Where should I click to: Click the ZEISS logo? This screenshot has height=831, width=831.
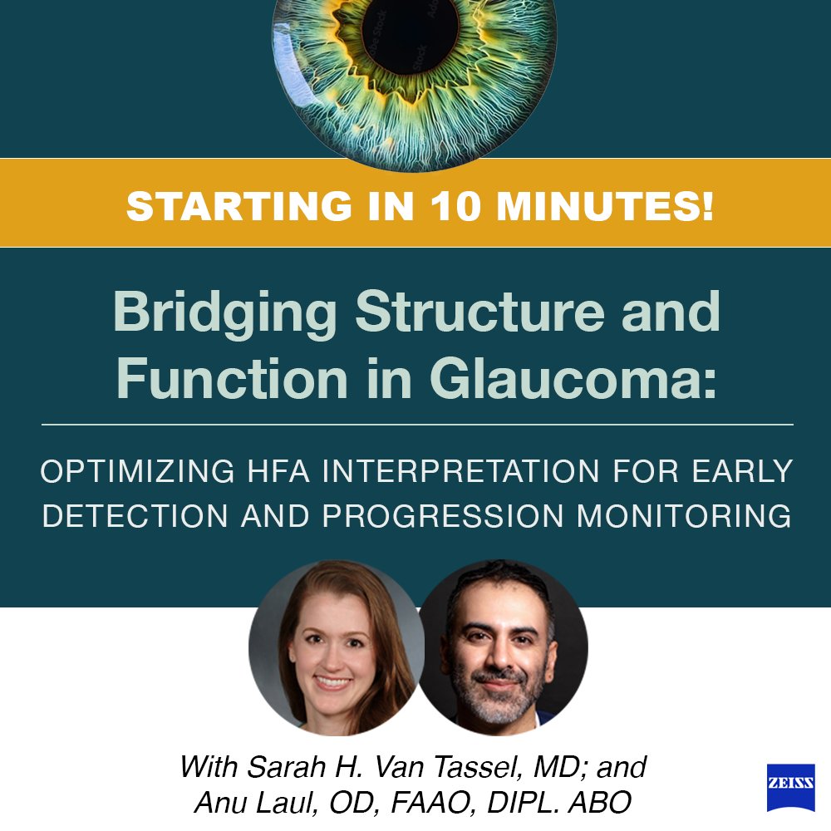pos(790,788)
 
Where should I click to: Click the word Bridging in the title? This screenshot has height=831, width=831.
pos(225,313)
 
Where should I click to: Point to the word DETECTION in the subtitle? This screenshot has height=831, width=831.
pos(132,516)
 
